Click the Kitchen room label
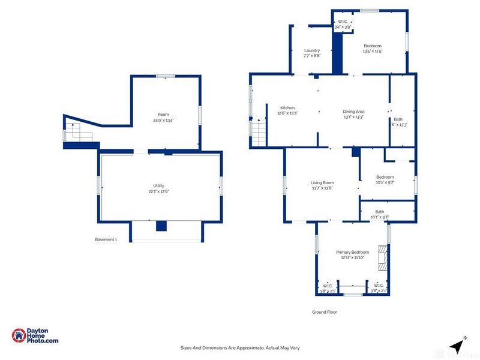pyautogui.click(x=287, y=108)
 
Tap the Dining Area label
pyautogui.click(x=353, y=112)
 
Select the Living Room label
pyautogui.click(x=322, y=183)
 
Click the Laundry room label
pyautogui.click(x=311, y=50)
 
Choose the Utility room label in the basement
pyautogui.click(x=158, y=186)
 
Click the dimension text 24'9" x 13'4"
pyautogui.click(x=163, y=121)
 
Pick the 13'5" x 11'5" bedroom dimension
pyautogui.click(x=372, y=52)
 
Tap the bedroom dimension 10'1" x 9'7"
pyautogui.click(x=385, y=182)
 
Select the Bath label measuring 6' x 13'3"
pyautogui.click(x=400, y=125)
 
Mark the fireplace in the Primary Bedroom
pyautogui.click(x=382, y=259)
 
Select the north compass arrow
pyautogui.click(x=458, y=345)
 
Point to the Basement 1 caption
pyautogui.click(x=106, y=239)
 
